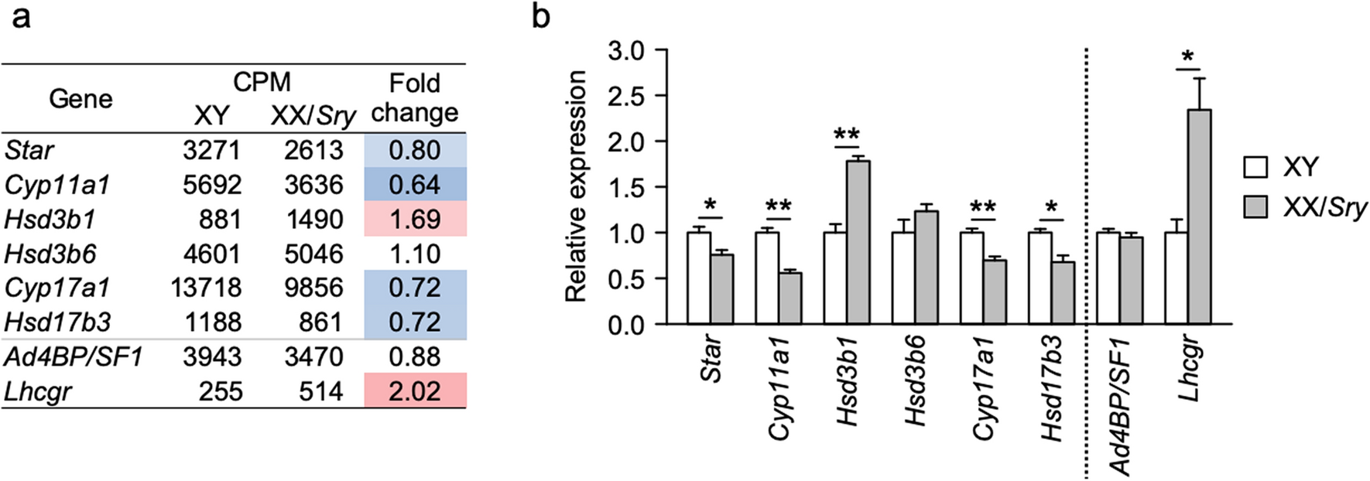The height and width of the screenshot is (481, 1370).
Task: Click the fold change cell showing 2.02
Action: pyautogui.click(x=415, y=391)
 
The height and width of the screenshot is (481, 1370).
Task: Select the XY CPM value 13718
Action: pyautogui.click(x=206, y=288)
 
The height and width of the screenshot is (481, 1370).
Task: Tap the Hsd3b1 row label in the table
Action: pyautogui.click(x=50, y=220)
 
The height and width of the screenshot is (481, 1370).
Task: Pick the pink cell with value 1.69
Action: pyautogui.click(x=415, y=220)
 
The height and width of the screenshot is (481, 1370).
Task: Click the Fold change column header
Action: pyautogui.click(x=415, y=97)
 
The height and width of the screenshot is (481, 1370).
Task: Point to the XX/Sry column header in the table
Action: pyautogui.click(x=313, y=116)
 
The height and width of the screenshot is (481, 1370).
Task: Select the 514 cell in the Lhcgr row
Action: pyautogui.click(x=320, y=391)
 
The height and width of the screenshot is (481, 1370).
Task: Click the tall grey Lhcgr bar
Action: pyautogui.click(x=1199, y=217)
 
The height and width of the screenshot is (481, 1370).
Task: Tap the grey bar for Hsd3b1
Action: pyautogui.click(x=858, y=242)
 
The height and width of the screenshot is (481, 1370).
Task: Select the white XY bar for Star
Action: pyautogui.click(x=699, y=278)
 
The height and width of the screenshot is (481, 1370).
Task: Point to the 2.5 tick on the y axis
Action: pyautogui.click(x=626, y=96)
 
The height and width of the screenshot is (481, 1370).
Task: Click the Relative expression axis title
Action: pyautogui.click(x=576, y=186)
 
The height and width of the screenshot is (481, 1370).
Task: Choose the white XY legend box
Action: pyautogui.click(x=1255, y=167)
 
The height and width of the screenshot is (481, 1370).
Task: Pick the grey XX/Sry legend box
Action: pyautogui.click(x=1255, y=207)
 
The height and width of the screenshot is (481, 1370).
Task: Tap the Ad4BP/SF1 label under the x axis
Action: pyautogui.click(x=1119, y=406)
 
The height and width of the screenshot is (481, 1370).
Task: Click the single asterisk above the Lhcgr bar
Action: pyautogui.click(x=1187, y=56)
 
